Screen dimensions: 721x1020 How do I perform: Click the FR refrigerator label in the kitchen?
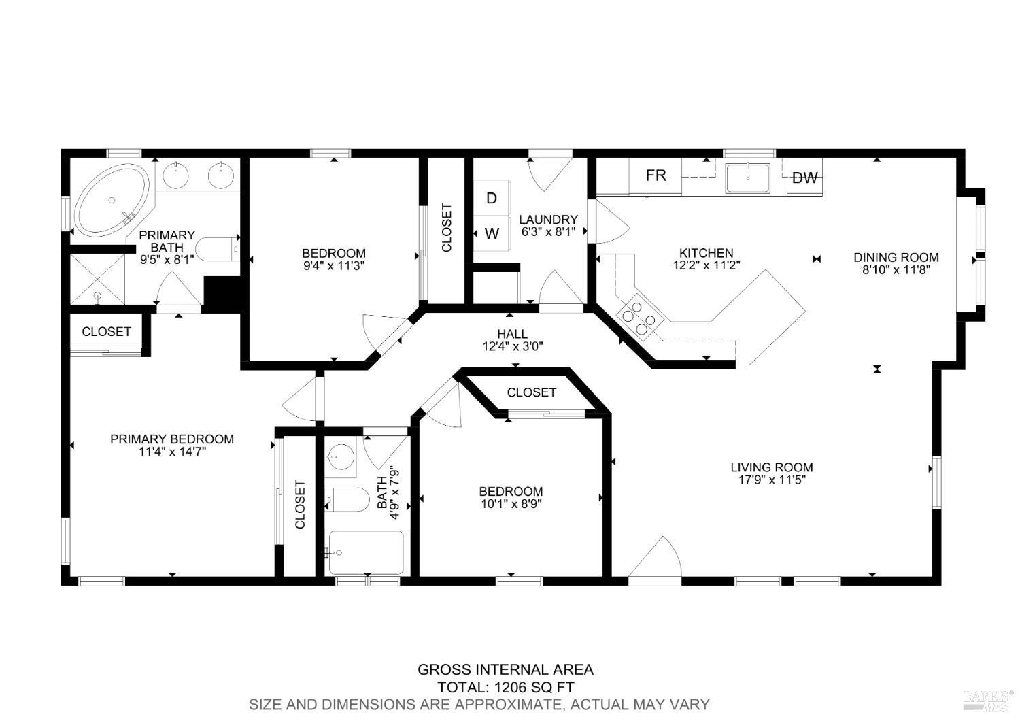[x=656, y=176]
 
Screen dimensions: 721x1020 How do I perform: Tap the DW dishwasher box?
[x=805, y=178]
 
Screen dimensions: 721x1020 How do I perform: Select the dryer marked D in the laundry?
[x=492, y=198]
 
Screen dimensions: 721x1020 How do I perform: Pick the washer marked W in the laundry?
[x=492, y=233]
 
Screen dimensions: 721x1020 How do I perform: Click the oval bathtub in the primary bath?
[x=112, y=201]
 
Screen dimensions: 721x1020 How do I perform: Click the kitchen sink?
[x=748, y=178]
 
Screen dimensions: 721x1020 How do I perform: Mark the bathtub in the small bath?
[x=366, y=552]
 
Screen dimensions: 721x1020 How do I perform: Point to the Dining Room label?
[x=896, y=257]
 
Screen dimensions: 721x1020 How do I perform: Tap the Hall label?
[x=512, y=334]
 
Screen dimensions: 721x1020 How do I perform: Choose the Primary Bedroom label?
[x=172, y=439]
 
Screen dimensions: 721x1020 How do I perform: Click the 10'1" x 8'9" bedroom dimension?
[x=511, y=504]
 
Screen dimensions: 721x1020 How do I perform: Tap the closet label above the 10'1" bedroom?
[x=531, y=392]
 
